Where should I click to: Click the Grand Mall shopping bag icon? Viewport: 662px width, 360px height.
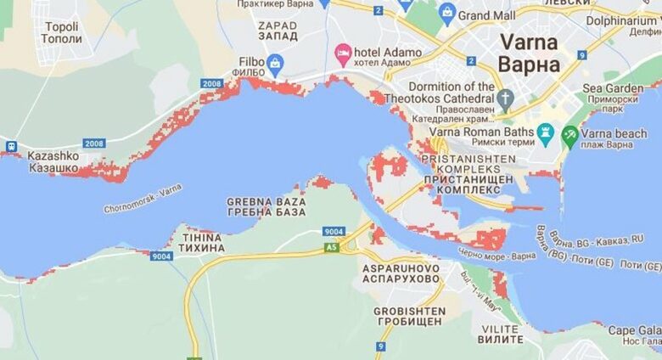[x=447, y=14]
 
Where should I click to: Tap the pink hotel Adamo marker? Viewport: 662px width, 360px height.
[x=343, y=55]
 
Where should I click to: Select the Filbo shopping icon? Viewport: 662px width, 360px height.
[x=275, y=62]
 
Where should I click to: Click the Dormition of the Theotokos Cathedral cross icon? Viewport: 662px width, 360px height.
[x=505, y=98]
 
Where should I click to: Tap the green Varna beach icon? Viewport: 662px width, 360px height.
[x=570, y=133]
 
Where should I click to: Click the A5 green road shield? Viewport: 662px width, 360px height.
[x=332, y=247]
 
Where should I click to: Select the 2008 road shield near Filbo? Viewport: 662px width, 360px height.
[x=212, y=83]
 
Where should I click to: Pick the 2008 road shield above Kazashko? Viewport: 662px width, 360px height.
[x=94, y=143]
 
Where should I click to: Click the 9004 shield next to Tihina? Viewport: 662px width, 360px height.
[x=161, y=256]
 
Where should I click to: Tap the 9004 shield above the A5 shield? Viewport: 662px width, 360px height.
[x=334, y=231]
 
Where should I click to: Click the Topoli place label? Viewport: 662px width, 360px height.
[x=62, y=32]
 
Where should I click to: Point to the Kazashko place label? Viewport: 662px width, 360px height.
[x=53, y=162]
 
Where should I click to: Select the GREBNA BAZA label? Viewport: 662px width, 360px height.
[x=261, y=206]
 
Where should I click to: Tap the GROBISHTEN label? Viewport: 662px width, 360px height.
[x=409, y=317]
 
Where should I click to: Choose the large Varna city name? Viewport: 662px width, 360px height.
[x=529, y=52]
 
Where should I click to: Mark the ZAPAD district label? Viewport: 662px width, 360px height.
[x=278, y=31]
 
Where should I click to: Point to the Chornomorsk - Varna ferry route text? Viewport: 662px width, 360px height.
[x=143, y=198]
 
